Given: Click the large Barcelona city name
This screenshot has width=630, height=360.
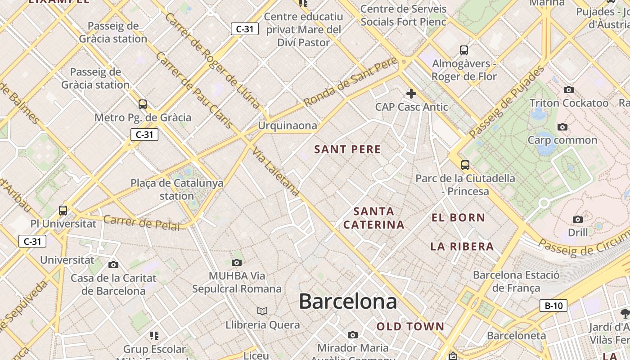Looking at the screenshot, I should [348, 301].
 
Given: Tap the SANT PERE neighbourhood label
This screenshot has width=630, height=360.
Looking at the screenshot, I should [347, 149].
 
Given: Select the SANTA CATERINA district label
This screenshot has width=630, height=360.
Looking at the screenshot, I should [373, 218].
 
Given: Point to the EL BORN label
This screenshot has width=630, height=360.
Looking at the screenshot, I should [459, 218].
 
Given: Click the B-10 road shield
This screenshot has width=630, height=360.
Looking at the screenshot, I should [553, 306].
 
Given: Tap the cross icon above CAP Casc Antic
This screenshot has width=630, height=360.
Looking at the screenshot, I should [411, 94].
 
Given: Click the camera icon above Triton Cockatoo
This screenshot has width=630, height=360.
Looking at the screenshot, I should [569, 90].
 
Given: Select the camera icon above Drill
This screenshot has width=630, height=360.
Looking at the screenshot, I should [578, 219].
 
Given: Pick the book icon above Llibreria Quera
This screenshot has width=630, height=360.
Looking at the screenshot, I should [262, 311].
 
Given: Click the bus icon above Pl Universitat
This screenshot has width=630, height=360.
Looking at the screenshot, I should [63, 210].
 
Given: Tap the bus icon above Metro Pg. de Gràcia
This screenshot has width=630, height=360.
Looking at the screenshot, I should [143, 104].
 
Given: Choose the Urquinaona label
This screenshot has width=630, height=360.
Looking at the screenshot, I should [287, 126].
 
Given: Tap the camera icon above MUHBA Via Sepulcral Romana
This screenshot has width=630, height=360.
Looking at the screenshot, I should [237, 262].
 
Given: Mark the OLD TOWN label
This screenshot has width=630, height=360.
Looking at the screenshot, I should [410, 327].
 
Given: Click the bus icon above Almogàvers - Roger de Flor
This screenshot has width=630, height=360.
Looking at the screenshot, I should [464, 50].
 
